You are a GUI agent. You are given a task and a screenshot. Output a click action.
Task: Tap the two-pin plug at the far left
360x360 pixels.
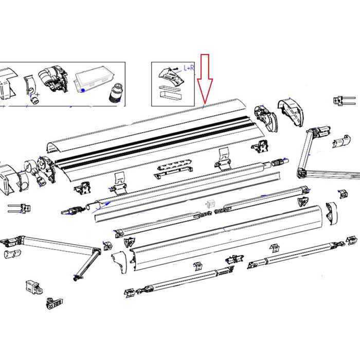(x=16, y=208)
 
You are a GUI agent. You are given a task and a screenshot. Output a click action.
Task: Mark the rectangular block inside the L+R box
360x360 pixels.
(x=171, y=93)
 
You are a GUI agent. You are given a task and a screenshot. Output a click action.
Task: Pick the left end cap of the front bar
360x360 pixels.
(x=121, y=255)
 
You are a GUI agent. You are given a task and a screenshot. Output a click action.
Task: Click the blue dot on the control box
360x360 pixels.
(x=83, y=90)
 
